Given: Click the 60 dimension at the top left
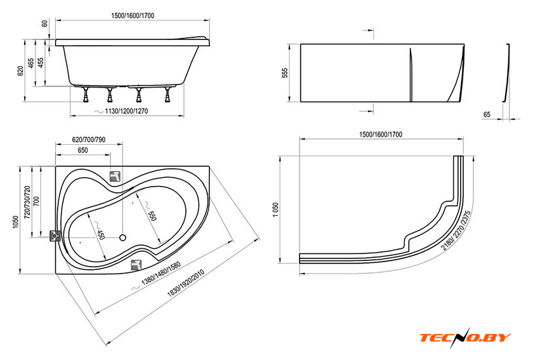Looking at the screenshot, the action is coord(44,24).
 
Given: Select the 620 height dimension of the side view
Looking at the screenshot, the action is coord(20,70).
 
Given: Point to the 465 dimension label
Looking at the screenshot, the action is coord(31,63).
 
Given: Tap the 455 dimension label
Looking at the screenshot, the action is coord(41,63).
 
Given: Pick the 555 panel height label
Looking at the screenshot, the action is coord(285,73).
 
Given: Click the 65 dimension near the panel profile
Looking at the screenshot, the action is coord(487,115).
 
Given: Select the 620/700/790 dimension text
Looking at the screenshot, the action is coord(89,140).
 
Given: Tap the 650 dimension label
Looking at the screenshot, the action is coord(82,150).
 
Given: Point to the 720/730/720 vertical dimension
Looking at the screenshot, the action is coord(27,202).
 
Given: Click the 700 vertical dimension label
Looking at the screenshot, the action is coord(36,201).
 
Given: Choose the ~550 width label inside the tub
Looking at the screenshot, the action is coord(150,211).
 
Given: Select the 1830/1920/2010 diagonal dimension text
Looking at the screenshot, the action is coord(185,283).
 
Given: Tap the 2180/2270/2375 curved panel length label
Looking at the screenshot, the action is coord(456,230).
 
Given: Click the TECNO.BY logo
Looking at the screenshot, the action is coord(465,338).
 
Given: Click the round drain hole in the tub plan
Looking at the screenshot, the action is coord(122,237).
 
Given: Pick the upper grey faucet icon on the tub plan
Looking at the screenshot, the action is coord(115,177).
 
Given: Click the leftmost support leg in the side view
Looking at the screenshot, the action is coord(86,94).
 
